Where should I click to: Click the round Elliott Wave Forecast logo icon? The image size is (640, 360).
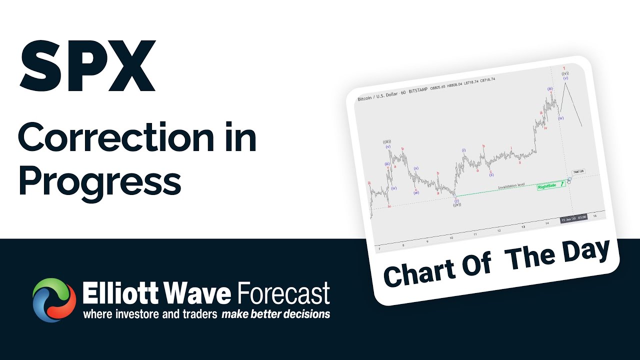(x=54, y=300)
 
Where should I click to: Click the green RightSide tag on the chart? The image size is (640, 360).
(x=547, y=187)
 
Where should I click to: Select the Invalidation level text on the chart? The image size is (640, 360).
(x=511, y=185)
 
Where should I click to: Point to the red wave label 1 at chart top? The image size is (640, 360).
(x=563, y=68)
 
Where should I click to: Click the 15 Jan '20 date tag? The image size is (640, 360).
(x=573, y=218)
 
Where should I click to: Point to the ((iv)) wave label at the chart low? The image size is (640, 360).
(x=456, y=205)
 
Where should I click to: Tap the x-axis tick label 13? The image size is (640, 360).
(x=522, y=226)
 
